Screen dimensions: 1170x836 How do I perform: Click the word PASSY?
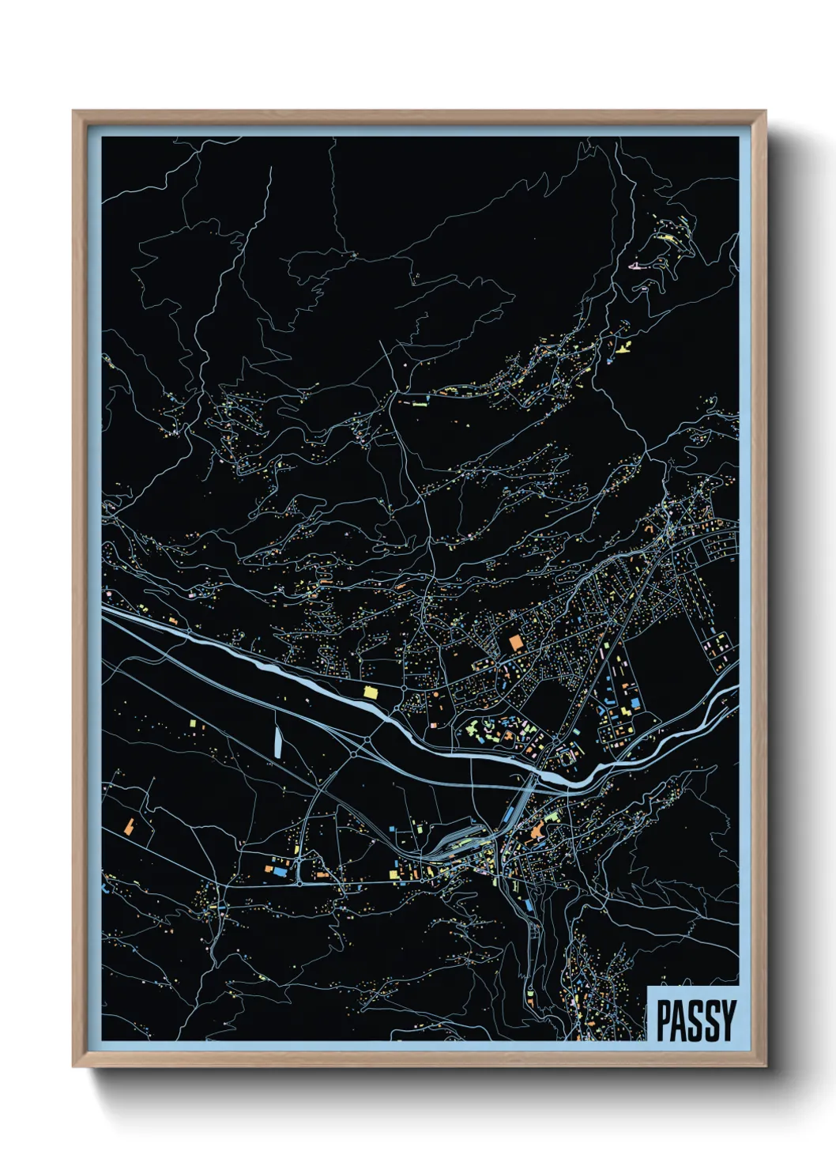click(695, 1020)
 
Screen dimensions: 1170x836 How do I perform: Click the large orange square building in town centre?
click(516, 642)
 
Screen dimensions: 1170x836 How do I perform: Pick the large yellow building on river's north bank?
click(368, 692)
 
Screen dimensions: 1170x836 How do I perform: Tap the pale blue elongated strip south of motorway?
click(278, 741)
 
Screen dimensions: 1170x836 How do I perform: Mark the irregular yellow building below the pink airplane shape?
click(624, 346)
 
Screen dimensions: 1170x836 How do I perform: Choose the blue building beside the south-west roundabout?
click(278, 870)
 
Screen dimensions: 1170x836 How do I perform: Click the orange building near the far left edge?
click(128, 826)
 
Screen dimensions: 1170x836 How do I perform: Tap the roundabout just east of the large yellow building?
click(404, 689)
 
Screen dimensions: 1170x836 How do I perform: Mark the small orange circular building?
click(434, 694)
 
